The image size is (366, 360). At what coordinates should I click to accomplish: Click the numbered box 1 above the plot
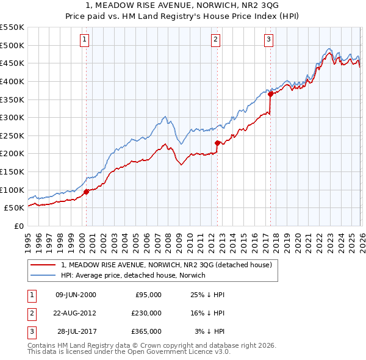coord(84,40)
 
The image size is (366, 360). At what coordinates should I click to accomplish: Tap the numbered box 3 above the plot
coord(269,40)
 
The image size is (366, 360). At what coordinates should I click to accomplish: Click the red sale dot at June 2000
coord(86,192)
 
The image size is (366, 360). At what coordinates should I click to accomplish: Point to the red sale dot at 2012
coord(217,143)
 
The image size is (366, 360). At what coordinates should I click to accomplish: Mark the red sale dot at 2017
coord(270,94)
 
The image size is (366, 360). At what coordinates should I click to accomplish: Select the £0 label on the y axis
coord(19,226)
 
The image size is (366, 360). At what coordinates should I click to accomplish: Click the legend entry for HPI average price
coord(133,275)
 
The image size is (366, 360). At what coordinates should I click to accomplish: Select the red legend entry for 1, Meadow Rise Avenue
coord(170,265)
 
